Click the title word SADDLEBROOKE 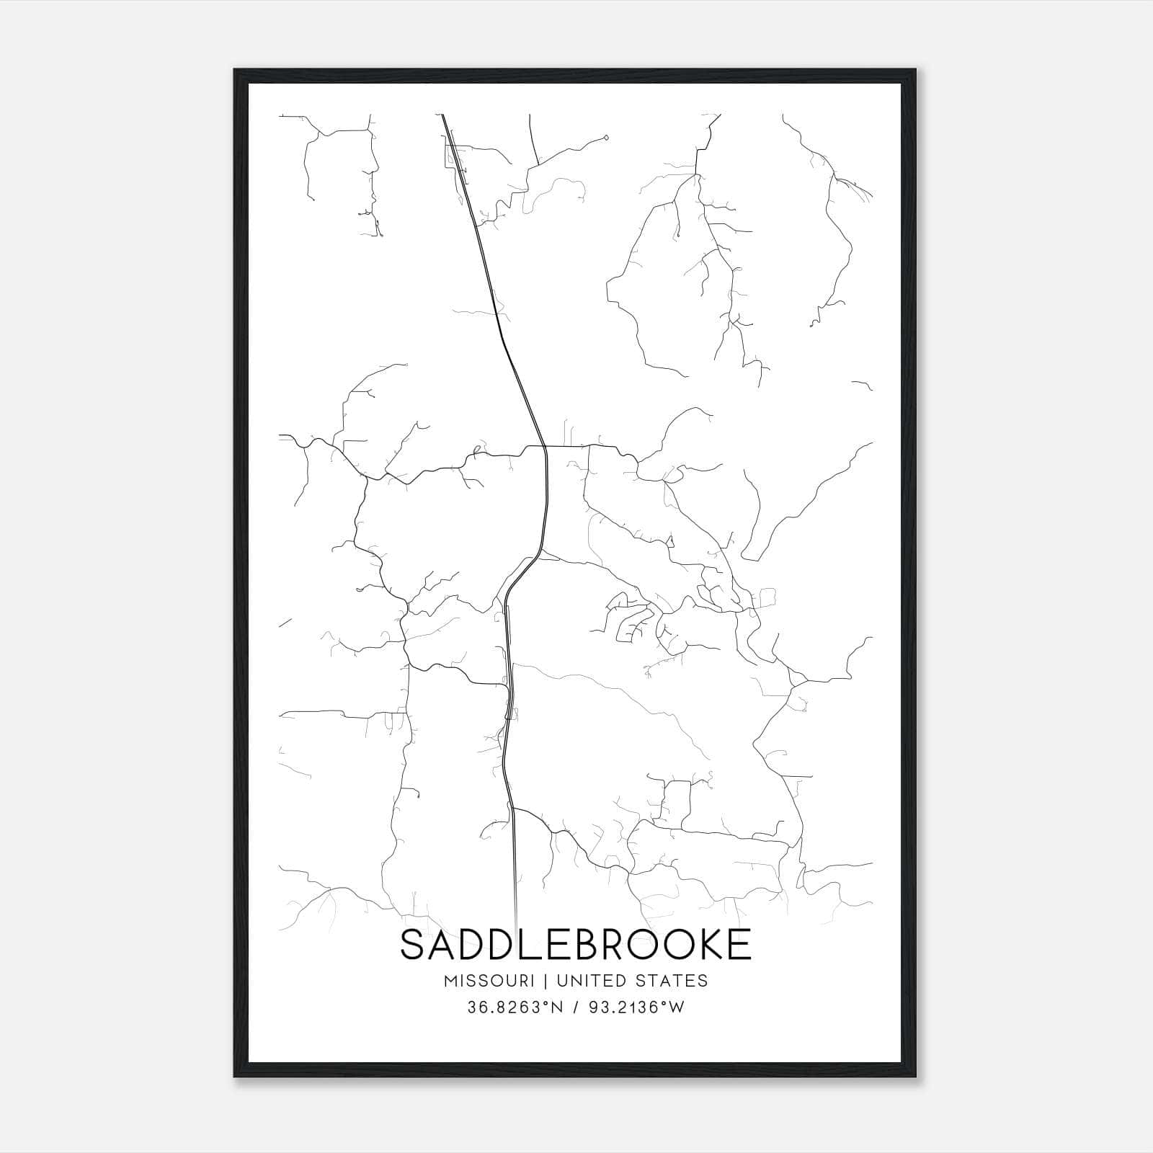tap(576, 945)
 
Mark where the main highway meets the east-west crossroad tap(546, 447)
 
